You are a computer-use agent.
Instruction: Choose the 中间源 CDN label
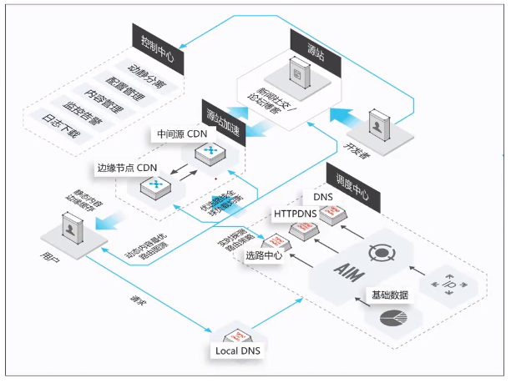183,134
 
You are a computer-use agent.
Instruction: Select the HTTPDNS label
297,214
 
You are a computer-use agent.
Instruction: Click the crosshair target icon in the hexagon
381,250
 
